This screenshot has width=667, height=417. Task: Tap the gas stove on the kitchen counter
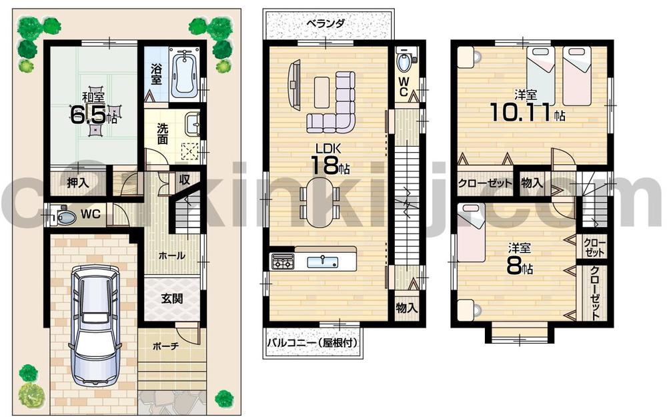[x=281, y=262]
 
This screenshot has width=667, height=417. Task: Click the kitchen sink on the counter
[x=321, y=262]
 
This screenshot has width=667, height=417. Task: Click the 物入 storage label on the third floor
[x=532, y=183]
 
